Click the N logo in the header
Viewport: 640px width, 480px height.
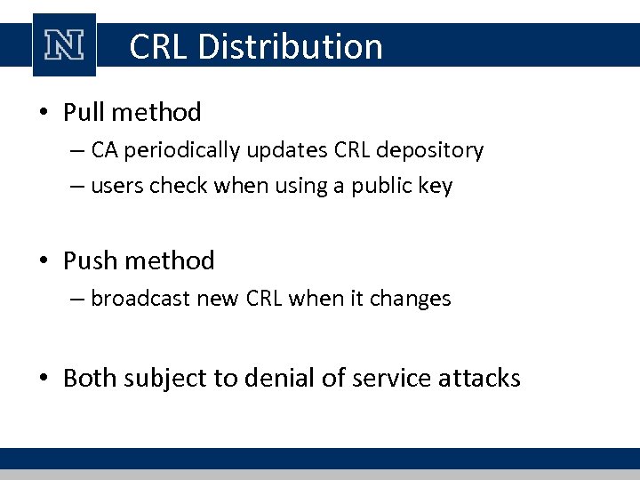pos(64,45)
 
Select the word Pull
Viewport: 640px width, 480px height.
pos(84,112)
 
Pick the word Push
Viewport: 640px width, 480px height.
pos(86,260)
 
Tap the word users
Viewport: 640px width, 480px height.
pos(112,186)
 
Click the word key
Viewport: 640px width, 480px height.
pos(437,186)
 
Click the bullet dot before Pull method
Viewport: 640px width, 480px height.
pos(44,113)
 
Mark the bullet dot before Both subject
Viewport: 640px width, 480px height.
pos(44,379)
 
